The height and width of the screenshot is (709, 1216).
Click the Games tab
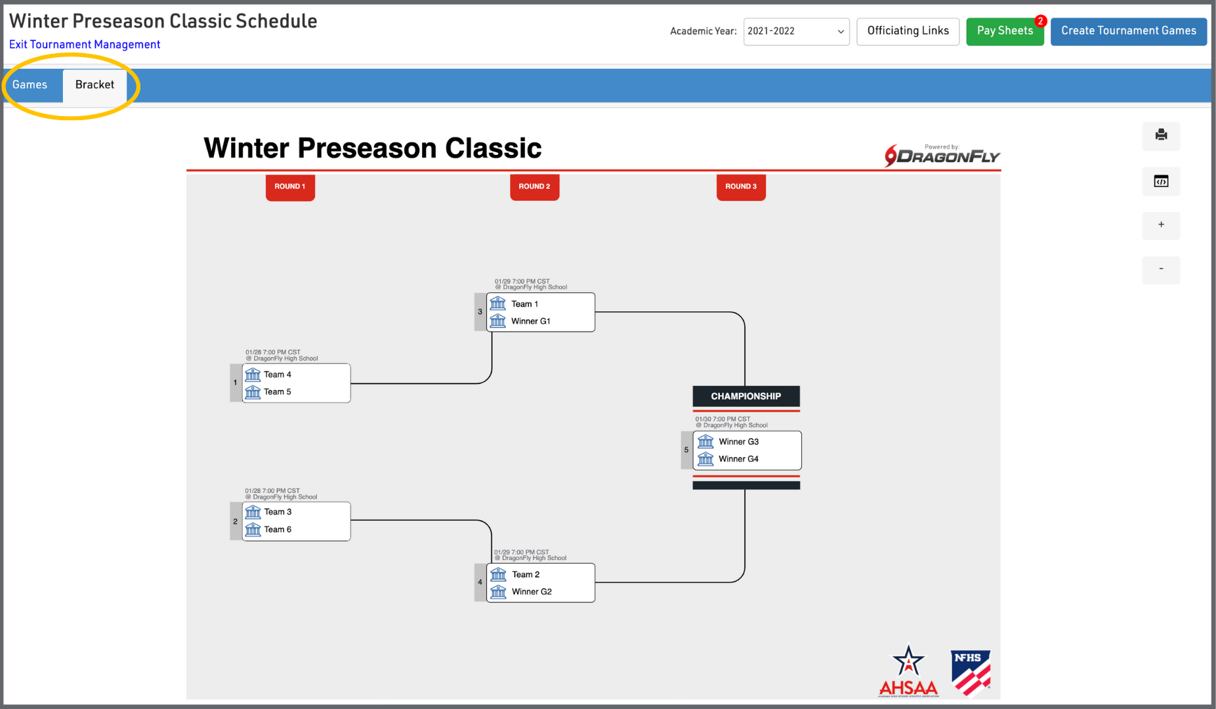click(30, 85)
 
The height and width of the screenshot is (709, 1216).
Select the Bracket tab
click(94, 85)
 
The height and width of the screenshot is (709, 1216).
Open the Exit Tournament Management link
click(85, 45)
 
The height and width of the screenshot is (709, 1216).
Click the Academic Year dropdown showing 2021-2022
click(796, 32)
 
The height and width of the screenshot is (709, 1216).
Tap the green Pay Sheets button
click(1005, 32)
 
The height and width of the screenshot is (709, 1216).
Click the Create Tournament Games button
click(1128, 32)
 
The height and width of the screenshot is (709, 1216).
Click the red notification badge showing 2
click(1040, 21)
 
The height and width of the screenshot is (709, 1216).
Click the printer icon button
click(1161, 135)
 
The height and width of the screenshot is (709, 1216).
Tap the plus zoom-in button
click(1161, 225)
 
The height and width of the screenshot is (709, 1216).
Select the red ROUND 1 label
click(290, 187)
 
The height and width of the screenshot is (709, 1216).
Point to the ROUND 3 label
click(741, 187)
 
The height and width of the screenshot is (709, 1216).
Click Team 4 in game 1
click(278, 375)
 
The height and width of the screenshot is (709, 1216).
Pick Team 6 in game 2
click(278, 530)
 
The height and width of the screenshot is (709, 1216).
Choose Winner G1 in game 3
click(531, 322)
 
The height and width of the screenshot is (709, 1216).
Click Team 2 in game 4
click(526, 574)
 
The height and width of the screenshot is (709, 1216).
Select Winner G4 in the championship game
click(738, 459)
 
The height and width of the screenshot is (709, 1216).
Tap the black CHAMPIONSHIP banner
click(746, 397)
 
